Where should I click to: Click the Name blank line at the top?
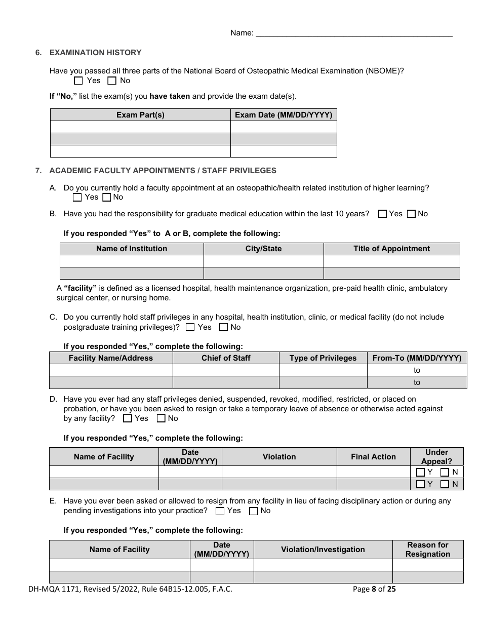(354, 33)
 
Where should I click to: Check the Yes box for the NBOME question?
(78, 81)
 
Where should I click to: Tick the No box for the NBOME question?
(112, 81)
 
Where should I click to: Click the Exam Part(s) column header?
(140, 115)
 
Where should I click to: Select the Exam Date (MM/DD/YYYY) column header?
(284, 115)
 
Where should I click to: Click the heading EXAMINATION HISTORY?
(95, 53)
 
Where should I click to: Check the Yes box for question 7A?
(77, 198)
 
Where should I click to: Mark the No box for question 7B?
(411, 214)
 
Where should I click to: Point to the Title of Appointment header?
(391, 249)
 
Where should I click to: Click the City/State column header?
(263, 249)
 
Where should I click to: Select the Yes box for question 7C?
(190, 328)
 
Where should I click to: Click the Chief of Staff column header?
(226, 358)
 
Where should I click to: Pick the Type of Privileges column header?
(323, 358)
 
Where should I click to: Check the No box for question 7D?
(161, 419)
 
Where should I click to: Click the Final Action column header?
(373, 457)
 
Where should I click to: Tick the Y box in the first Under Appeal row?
(420, 472)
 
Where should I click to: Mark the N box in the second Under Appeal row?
(445, 484)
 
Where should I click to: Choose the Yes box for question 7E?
(220, 511)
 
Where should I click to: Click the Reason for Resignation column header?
(428, 550)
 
